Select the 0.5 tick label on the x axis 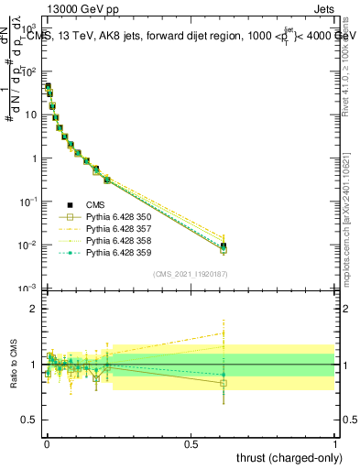click(x=191, y=444)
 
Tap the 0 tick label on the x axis click(x=47, y=444)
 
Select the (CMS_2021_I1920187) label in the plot click(x=190, y=273)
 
